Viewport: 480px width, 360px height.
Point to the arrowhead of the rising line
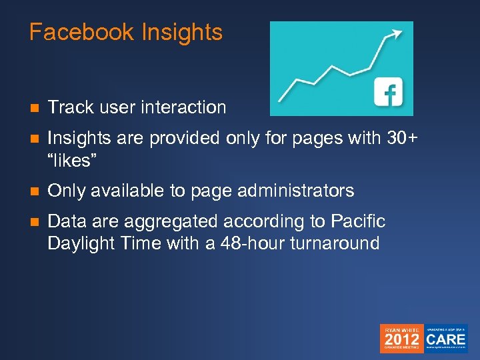(398, 31)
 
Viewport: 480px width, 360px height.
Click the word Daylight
(80, 243)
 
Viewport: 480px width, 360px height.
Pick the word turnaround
(335, 243)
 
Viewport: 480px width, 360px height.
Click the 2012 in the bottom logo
(401, 341)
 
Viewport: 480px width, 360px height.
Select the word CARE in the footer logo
(447, 339)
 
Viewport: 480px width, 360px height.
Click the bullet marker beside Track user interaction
(33, 108)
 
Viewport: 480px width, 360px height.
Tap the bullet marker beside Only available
(33, 191)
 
